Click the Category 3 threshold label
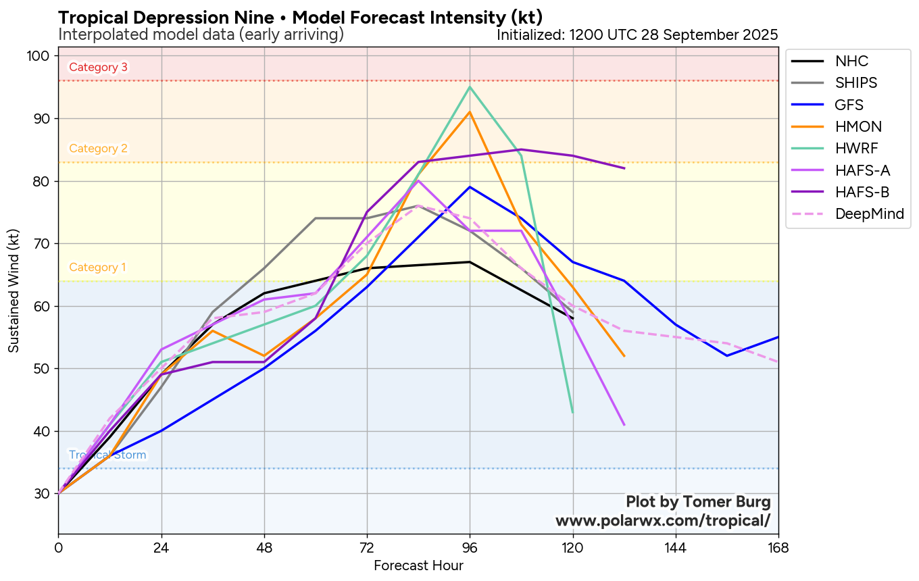click(x=98, y=67)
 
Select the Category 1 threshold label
click(x=97, y=267)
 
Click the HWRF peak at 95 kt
click(x=470, y=87)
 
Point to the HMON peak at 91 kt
click(x=470, y=112)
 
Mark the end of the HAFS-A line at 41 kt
click(x=624, y=424)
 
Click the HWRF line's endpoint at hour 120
click(x=572, y=412)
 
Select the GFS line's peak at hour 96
click(x=470, y=187)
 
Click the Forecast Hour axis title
click(x=418, y=565)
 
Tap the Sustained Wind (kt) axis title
click(x=14, y=289)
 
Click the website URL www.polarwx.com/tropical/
click(x=662, y=521)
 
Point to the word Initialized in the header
click(x=529, y=34)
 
